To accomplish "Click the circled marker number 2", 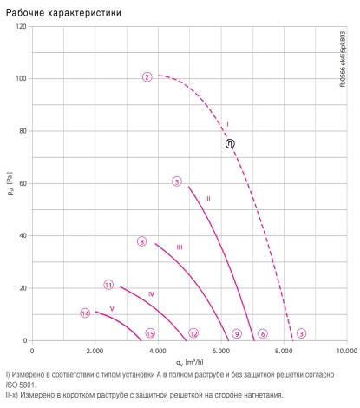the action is click(147, 77).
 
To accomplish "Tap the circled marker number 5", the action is click(177, 181).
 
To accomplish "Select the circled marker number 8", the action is click(141, 241).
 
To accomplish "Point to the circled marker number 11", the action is click(108, 285).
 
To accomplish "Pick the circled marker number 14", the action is click(85, 313).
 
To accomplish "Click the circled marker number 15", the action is click(150, 333).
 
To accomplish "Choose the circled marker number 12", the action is click(193, 333).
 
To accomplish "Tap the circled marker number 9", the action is click(237, 334).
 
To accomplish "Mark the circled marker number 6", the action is click(263, 334).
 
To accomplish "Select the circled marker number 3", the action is click(301, 333).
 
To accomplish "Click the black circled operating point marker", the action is click(230, 143).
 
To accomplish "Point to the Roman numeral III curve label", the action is click(180, 247).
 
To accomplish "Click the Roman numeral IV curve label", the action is click(151, 294).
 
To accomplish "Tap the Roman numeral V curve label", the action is click(112, 309).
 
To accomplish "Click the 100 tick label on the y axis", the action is click(21, 79).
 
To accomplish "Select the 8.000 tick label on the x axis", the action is click(284, 351).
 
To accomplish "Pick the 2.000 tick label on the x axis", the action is click(95, 351).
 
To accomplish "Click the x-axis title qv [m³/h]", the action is click(190, 362).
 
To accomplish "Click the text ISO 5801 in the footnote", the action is click(21, 385).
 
